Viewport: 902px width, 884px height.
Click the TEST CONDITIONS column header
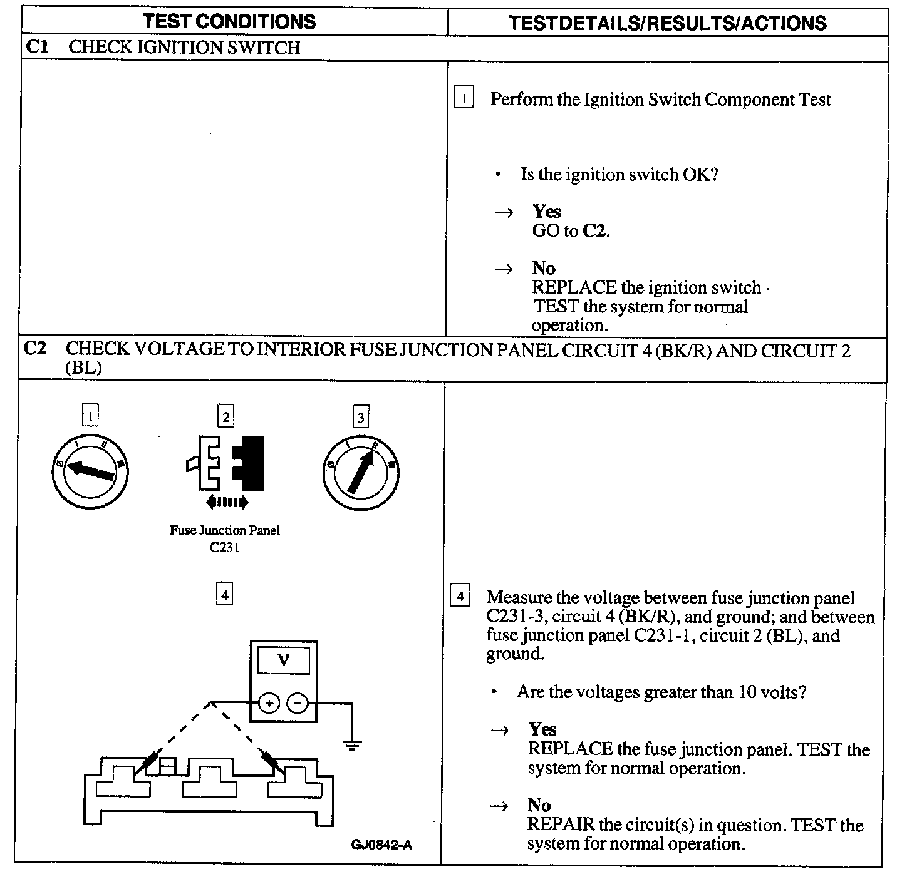click(229, 22)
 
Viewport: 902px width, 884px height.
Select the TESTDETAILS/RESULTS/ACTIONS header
click(667, 23)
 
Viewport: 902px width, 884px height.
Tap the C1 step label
click(36, 47)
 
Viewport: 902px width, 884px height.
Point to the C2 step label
click(34, 349)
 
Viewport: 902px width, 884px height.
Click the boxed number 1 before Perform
click(464, 98)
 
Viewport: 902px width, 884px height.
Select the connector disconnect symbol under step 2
click(225, 463)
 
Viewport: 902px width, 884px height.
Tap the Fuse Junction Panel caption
click(225, 530)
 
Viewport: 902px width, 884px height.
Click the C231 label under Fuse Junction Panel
click(225, 547)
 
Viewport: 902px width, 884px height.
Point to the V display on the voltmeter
click(284, 660)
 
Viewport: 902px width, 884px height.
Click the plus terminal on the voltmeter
click(269, 704)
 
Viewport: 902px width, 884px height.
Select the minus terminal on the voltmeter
click(298, 704)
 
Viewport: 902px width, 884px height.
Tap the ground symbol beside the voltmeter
click(352, 745)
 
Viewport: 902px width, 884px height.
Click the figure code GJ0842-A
click(381, 845)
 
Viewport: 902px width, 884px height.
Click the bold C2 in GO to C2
click(595, 231)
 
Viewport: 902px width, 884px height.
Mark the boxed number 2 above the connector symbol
click(225, 416)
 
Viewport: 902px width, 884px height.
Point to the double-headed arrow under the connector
click(227, 501)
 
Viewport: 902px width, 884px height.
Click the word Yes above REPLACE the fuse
click(542, 729)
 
